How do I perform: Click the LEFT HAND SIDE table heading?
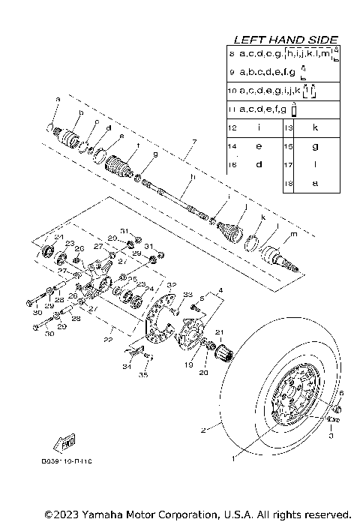285,39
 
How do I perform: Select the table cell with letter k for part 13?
314,128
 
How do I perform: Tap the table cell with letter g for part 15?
314,145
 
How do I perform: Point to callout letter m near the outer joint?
292,235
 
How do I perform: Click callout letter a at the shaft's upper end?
57,98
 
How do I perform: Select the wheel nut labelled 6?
337,409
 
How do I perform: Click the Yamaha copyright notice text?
197,514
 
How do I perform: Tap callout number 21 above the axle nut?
219,332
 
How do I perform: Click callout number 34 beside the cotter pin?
125,366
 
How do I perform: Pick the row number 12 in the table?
232,128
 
